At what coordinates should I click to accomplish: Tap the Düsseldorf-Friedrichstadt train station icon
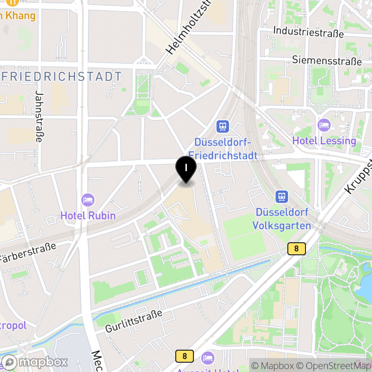223,126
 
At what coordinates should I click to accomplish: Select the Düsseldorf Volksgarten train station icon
282,197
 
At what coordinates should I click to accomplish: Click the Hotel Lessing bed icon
324,125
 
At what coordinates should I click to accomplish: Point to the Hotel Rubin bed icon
87,200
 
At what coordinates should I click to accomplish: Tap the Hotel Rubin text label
88,216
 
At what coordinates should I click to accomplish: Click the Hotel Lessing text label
324,140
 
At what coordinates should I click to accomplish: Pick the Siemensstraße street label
327,60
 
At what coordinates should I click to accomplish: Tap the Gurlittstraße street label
133,321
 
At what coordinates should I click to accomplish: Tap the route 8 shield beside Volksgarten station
296,249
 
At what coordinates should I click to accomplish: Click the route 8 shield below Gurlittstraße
185,356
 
